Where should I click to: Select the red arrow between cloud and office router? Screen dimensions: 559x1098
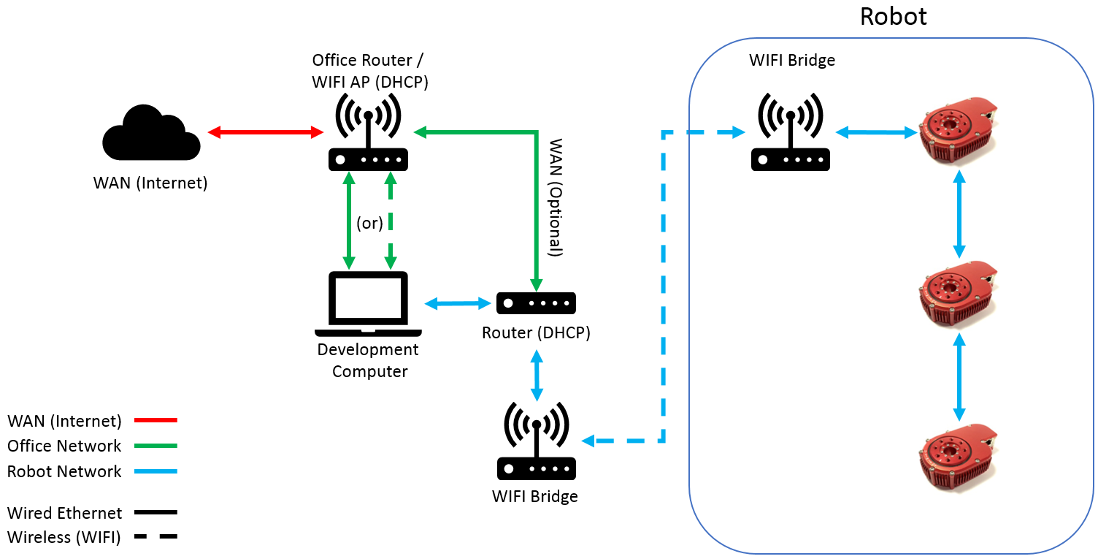tap(266, 132)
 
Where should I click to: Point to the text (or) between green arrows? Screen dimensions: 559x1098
tap(369, 223)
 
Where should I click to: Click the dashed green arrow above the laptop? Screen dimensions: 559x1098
tap(391, 220)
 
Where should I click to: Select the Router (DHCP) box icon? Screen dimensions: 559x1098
tap(536, 303)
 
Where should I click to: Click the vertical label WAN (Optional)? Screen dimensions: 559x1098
tap(556, 197)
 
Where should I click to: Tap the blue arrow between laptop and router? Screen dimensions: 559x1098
tap(457, 303)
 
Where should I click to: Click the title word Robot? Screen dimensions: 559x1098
tap(893, 16)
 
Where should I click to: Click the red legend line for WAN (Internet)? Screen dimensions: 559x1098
tap(156, 420)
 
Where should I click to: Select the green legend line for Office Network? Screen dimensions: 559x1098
tap(156, 446)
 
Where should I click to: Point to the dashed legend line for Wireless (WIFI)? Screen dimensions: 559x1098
tap(156, 537)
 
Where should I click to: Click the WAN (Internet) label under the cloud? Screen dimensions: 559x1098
tap(150, 183)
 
